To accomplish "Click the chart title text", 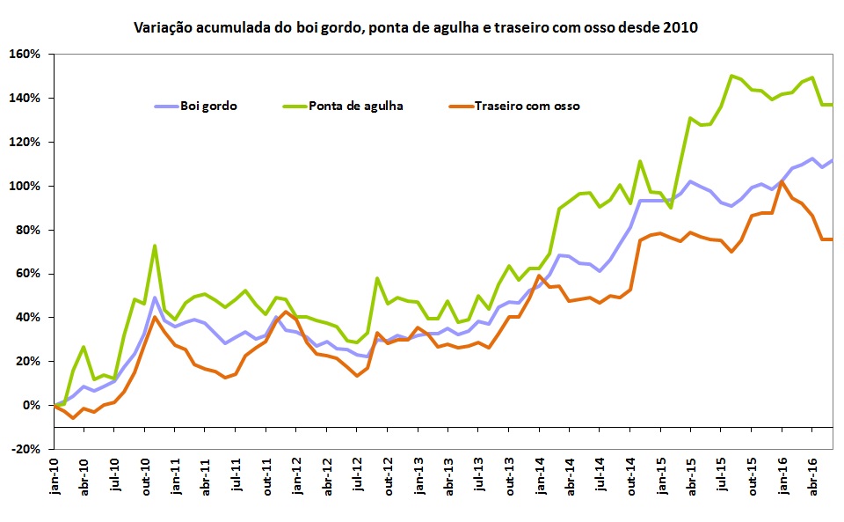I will pyautogui.click(x=415, y=28).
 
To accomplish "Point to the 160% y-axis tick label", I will pyautogui.click(x=25, y=54).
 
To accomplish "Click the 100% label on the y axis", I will pyautogui.click(x=25, y=186).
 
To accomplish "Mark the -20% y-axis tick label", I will pyautogui.click(x=25, y=449).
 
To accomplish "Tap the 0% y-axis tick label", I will pyautogui.click(x=31, y=405).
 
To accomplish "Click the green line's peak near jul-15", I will pyautogui.click(x=731, y=76).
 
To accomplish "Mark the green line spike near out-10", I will pyautogui.click(x=155, y=246).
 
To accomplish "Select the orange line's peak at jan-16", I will pyautogui.click(x=782, y=182).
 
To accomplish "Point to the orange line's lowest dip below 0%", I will pyautogui.click(x=73, y=417).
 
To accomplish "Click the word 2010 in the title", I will pyautogui.click(x=680, y=28).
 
